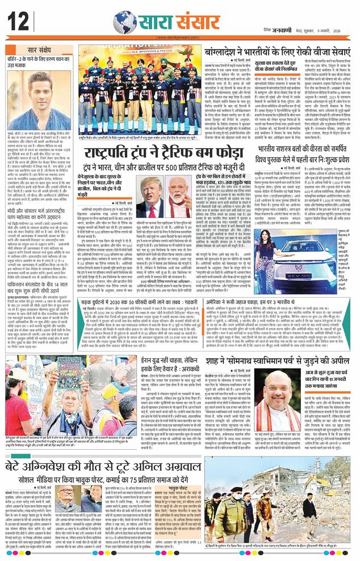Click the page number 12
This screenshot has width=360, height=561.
click(18, 22)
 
